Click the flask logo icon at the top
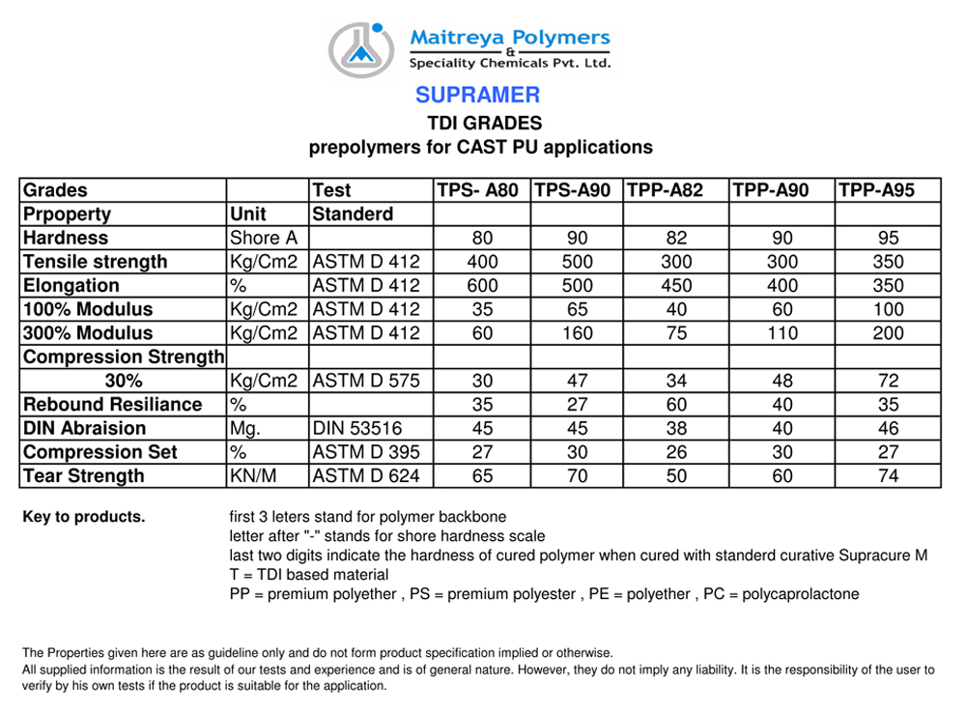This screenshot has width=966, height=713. tap(362, 48)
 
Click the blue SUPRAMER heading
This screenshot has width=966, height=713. tap(477, 95)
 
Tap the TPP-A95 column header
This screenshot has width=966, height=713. tap(875, 190)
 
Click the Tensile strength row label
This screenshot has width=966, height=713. tap(95, 262)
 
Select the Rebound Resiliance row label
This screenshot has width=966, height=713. tap(112, 405)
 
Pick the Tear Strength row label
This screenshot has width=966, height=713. tap(83, 476)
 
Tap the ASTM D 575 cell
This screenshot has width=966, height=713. tap(366, 381)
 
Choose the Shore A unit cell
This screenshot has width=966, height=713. tap(264, 238)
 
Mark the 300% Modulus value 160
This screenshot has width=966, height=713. tap(577, 333)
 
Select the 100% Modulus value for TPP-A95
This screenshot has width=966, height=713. tap(888, 310)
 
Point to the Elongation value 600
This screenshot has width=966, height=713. tap(482, 286)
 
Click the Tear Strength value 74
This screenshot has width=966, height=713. tap(888, 476)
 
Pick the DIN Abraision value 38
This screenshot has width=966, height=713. tap(676, 429)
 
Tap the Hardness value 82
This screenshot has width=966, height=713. tap(676, 238)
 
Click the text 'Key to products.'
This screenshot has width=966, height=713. tap(84, 517)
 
